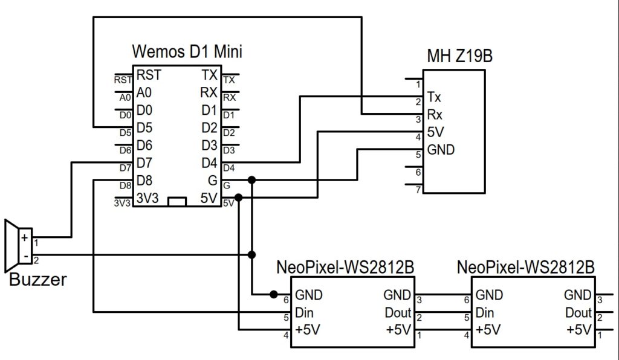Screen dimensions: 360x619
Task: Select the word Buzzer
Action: [38, 280]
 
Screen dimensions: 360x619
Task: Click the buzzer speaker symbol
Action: [11, 246]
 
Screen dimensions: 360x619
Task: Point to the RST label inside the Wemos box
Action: [149, 75]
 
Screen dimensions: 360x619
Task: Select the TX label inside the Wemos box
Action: [210, 75]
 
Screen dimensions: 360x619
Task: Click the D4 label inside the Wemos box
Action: [209, 162]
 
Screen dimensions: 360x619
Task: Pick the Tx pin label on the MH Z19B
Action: [433, 97]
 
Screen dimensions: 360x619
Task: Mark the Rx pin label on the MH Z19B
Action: [433, 114]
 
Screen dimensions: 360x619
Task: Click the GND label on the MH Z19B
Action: [441, 149]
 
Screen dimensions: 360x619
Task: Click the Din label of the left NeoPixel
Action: [305, 312]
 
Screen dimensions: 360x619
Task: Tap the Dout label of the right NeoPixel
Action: [578, 312]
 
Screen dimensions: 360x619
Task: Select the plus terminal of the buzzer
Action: [25, 237]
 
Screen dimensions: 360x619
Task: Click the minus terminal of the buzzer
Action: [25, 255]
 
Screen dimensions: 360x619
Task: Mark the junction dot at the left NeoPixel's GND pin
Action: [274, 295]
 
